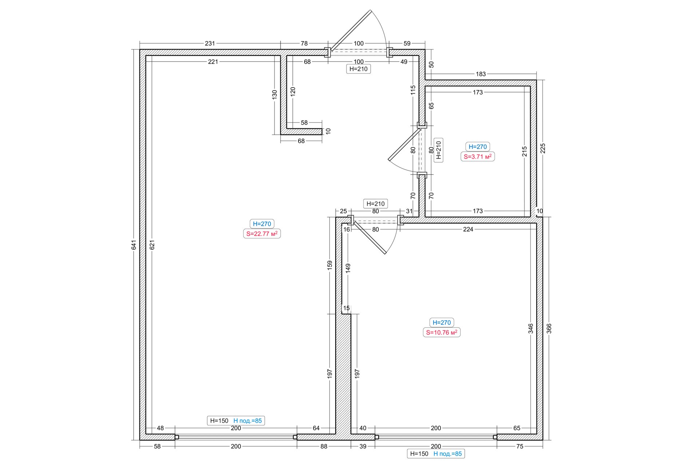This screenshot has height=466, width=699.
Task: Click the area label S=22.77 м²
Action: point(262,234)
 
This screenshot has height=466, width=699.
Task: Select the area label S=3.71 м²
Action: point(478,157)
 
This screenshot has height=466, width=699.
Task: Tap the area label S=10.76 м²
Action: point(442,332)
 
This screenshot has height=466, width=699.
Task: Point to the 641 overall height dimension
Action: point(134,245)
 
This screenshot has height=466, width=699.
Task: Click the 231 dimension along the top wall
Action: point(210,43)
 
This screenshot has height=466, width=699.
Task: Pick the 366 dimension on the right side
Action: point(549,328)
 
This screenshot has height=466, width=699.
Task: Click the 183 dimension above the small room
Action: point(481,74)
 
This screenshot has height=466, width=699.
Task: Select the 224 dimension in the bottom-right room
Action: point(468,229)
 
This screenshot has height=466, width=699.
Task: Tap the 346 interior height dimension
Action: point(531,328)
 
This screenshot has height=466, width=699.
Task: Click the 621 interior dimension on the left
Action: point(152,245)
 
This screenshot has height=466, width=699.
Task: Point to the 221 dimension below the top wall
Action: point(213,62)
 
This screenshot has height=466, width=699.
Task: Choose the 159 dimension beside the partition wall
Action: point(329,265)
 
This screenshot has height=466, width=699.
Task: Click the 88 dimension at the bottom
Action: point(324,446)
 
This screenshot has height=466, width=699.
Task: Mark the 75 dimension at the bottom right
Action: point(520,446)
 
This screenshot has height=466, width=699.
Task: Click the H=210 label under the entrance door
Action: point(359,69)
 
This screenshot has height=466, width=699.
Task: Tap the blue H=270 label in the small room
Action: point(478,147)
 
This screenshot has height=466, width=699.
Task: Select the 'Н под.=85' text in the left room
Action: point(248,421)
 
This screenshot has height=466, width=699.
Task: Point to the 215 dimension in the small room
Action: point(524,151)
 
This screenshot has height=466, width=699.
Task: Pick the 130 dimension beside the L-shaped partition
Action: point(275,94)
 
